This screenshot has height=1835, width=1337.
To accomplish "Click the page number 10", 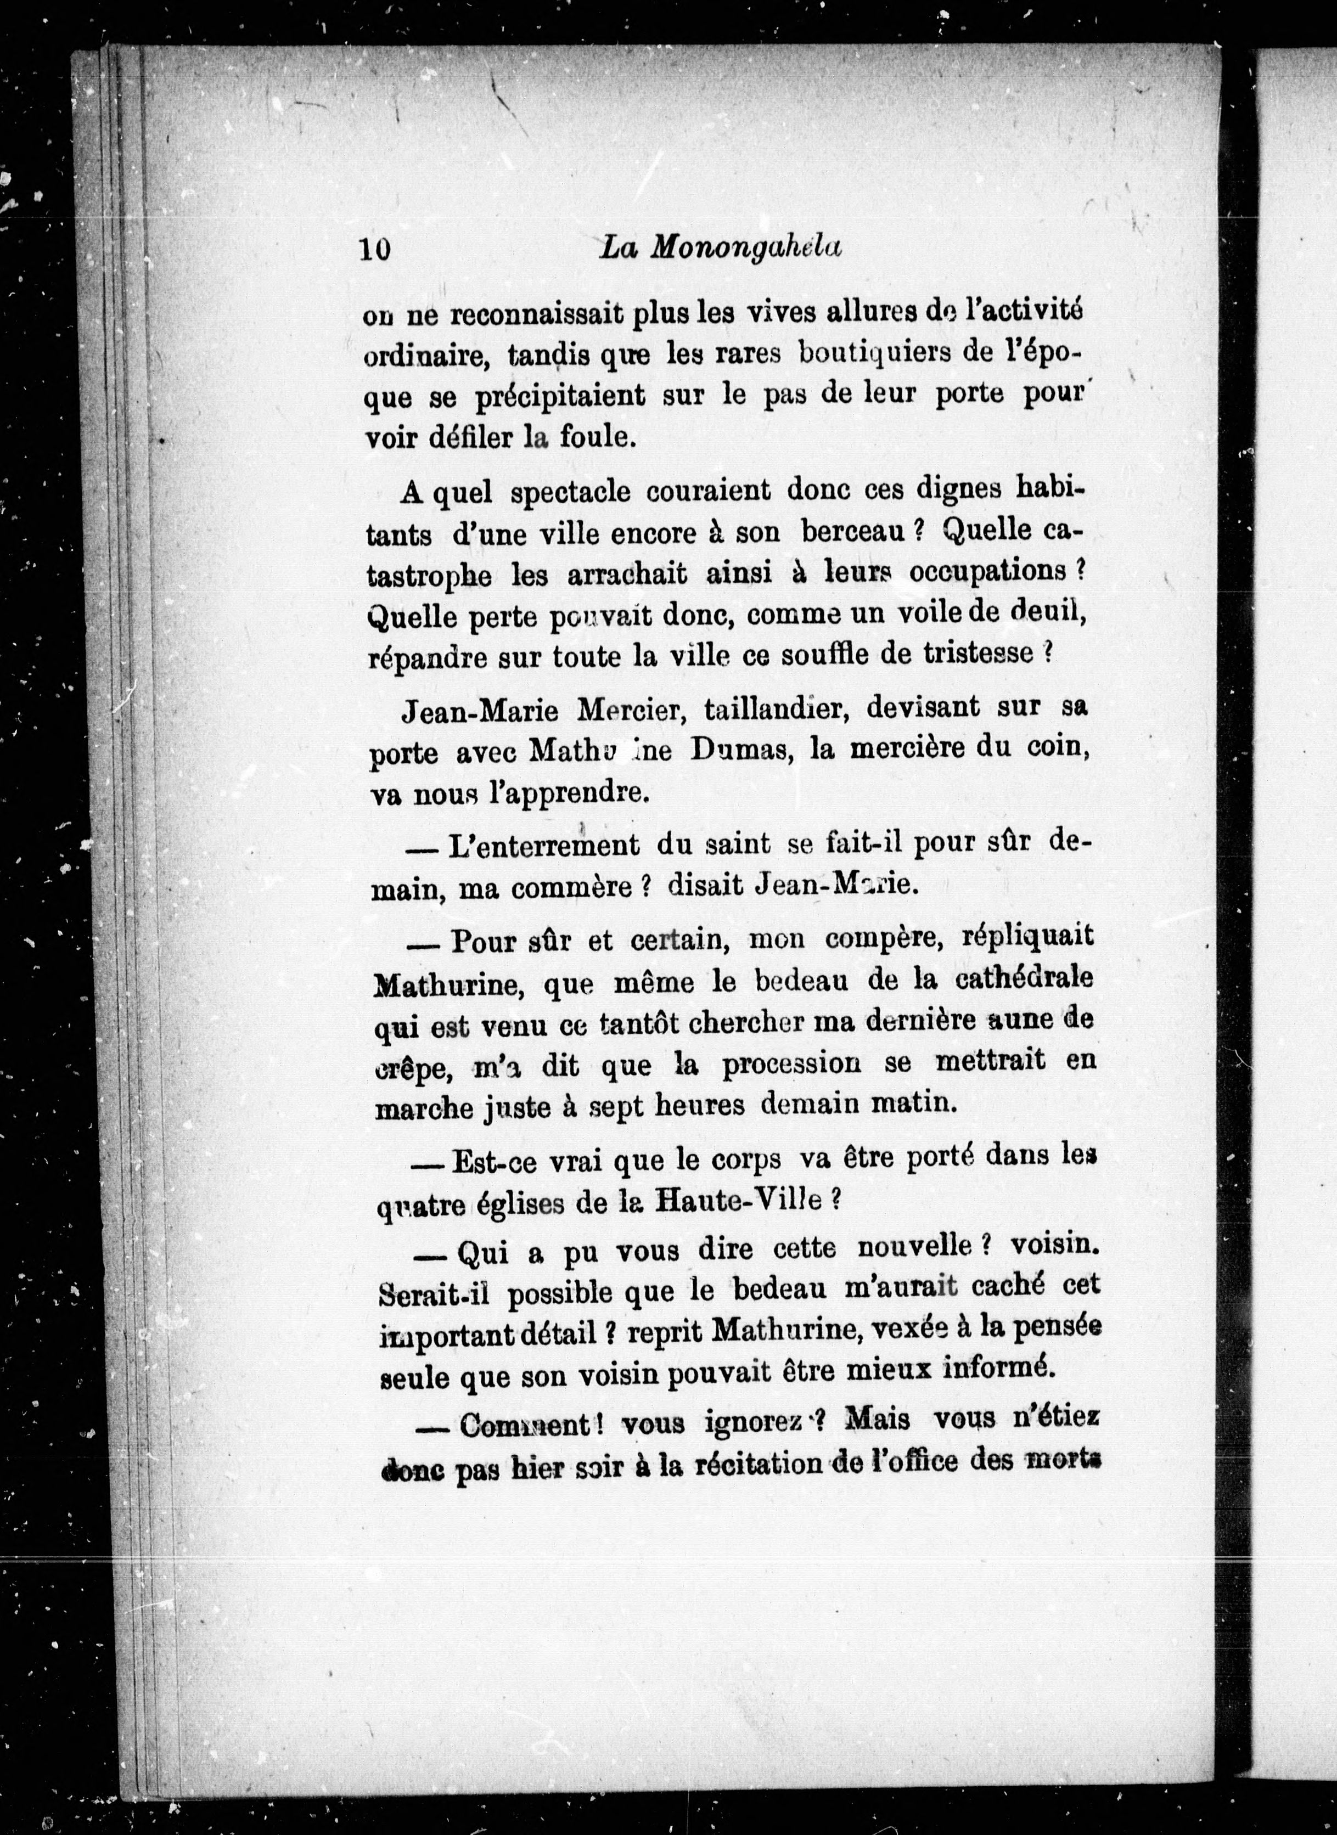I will click(x=377, y=249).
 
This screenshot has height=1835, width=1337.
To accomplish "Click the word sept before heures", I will click(x=613, y=1107).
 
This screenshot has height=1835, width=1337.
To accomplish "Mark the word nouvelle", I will click(x=913, y=1250).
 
